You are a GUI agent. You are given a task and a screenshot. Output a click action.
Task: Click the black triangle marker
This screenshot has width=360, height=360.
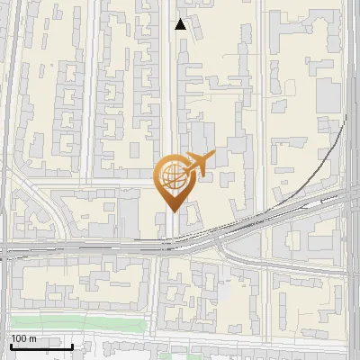pyautogui.click(x=181, y=24)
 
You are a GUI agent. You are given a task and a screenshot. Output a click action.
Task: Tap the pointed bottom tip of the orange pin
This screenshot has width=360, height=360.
pyautogui.click(x=170, y=211)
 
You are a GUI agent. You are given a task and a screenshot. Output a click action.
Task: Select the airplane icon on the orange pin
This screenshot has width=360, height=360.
pyautogui.click(x=198, y=164)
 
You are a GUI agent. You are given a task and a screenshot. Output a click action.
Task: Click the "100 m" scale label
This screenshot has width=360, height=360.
pyautogui.click(x=23, y=337)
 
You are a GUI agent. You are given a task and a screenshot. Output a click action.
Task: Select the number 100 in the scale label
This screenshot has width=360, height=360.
pyautogui.click(x=19, y=337)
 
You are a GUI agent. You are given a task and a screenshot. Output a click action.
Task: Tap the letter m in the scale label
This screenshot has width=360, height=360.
pyautogui.click(x=32, y=337)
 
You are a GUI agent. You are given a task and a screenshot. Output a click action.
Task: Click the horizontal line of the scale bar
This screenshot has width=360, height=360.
pyautogui.click(x=41, y=346)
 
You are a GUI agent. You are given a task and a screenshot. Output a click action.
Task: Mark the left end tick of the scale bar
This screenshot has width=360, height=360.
pyautogui.click(x=11, y=345)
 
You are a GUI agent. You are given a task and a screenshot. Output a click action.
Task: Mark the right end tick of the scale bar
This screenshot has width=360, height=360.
pyautogui.click(x=72, y=345)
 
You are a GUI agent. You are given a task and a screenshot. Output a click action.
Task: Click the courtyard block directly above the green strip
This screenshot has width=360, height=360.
pyautogui.click(x=117, y=288)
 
